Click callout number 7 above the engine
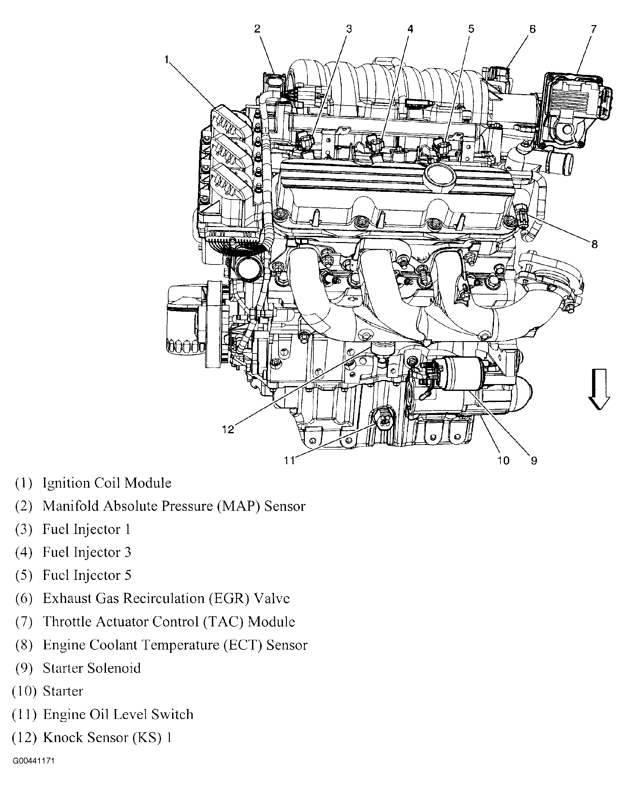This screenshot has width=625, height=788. [x=593, y=29]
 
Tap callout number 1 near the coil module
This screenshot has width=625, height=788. [x=167, y=59]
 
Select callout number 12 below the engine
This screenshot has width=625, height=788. [x=228, y=429]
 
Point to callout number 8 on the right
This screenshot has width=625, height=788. [x=594, y=244]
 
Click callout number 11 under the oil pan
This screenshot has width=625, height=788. [x=289, y=461]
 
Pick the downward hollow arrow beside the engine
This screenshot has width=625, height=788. [x=599, y=389]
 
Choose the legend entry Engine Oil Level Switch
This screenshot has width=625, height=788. [x=118, y=714]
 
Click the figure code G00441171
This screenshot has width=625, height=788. [x=34, y=761]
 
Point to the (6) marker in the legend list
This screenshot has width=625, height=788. [x=24, y=599]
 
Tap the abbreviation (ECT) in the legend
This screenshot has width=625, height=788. [x=243, y=645]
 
